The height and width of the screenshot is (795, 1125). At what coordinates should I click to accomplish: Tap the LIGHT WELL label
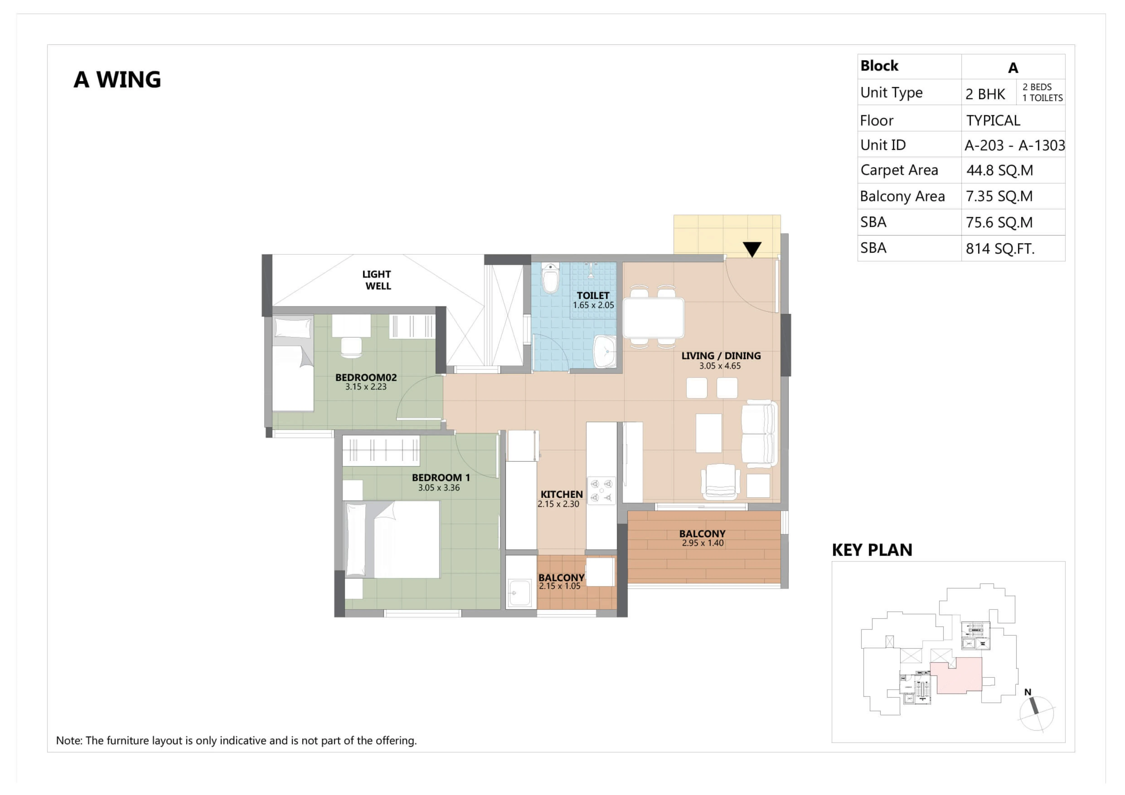[x=377, y=280]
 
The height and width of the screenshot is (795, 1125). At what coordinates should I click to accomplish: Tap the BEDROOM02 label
[x=366, y=378]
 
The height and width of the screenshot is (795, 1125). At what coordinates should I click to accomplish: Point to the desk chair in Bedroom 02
[x=351, y=347]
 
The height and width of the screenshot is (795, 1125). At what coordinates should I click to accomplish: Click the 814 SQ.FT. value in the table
[x=1000, y=249]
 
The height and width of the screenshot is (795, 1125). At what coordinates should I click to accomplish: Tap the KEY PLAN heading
[x=872, y=550]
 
